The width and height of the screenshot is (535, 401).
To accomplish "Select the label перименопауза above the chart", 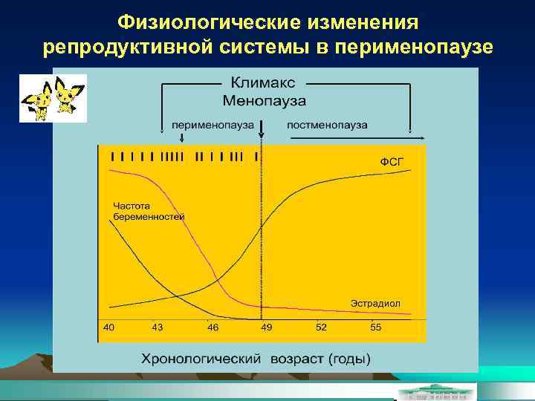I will click(x=213, y=125).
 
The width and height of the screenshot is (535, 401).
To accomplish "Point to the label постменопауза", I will click(x=327, y=125).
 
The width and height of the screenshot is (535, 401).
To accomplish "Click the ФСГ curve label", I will click(x=392, y=161).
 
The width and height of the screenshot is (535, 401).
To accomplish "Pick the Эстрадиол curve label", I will click(x=375, y=303).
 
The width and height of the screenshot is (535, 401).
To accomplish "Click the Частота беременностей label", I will click(x=148, y=210).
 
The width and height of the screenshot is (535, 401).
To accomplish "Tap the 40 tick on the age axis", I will click(x=109, y=327).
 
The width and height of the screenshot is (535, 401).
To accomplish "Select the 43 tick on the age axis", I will click(x=158, y=327).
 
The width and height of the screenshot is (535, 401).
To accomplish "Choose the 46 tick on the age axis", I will click(x=213, y=327).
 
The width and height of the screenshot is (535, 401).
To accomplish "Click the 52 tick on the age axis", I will click(x=321, y=327).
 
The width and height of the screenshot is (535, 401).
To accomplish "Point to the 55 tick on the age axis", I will click(x=375, y=327).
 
